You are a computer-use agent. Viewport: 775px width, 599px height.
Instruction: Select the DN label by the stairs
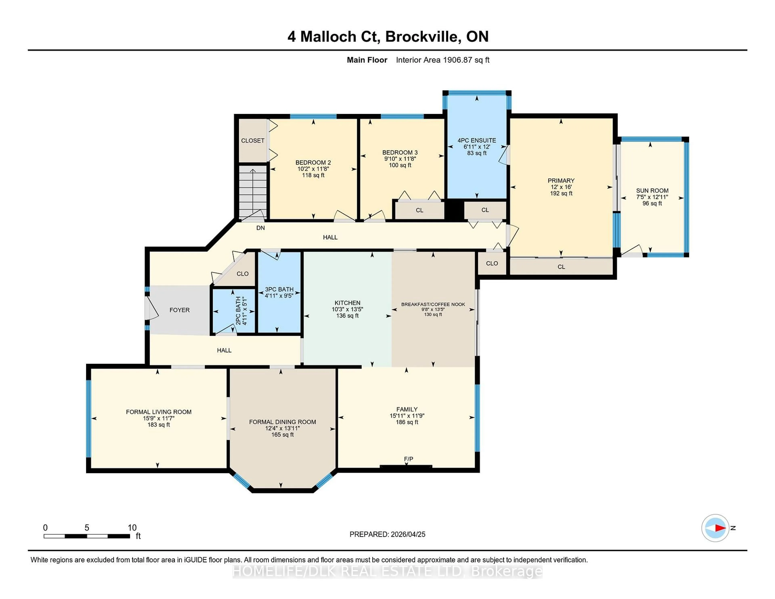pos(261,228)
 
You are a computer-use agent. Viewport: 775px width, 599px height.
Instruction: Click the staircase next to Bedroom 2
pos(253,192)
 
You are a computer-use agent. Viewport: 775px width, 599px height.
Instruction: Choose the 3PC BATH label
pos(279,289)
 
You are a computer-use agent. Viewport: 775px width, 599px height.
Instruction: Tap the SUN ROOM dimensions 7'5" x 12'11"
pos(652,197)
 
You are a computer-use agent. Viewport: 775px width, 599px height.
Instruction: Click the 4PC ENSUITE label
pos(477,140)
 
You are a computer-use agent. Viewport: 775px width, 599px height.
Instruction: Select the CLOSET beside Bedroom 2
pos(253,140)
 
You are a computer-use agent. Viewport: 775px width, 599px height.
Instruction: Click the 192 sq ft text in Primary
pos(561,193)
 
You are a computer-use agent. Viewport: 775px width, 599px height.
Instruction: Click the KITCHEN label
pos(347,303)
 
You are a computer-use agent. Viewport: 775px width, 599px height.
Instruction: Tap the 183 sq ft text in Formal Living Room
pos(159,425)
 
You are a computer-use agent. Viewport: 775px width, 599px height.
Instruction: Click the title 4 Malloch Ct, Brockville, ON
pos(388,37)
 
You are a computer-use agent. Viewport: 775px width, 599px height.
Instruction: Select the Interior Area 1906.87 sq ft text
pos(443,60)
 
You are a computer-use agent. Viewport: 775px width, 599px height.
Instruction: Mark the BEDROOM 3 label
pos(400,152)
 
